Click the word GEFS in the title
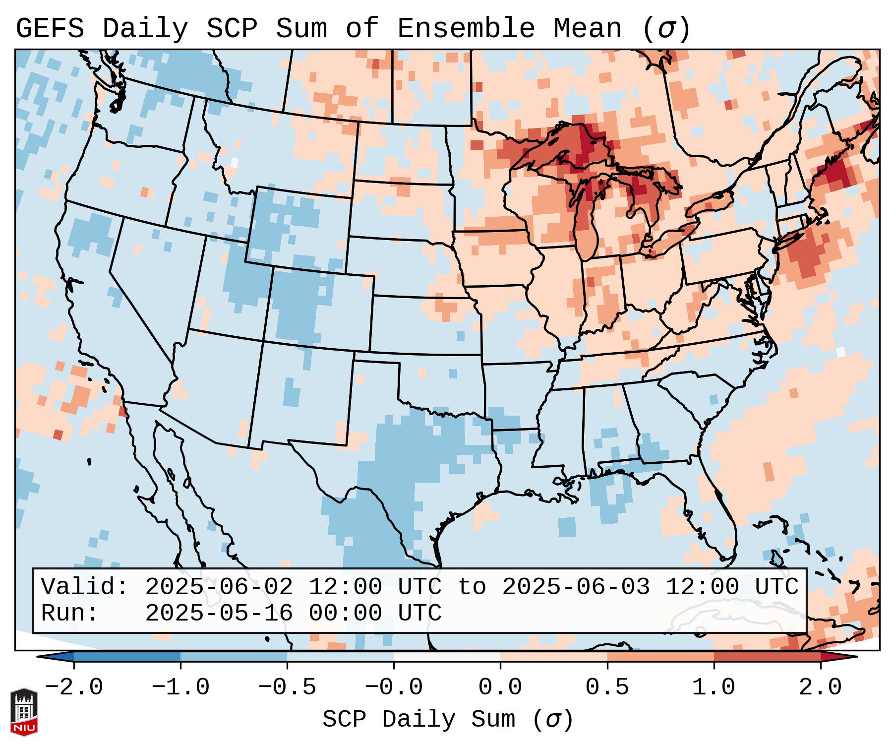point(50,28)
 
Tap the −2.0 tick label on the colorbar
point(74,687)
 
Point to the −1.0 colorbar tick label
point(180,687)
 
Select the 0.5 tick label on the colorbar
point(607,687)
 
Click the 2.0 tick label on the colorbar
point(821,687)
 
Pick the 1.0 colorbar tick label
point(714,687)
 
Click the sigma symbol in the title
point(666,28)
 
